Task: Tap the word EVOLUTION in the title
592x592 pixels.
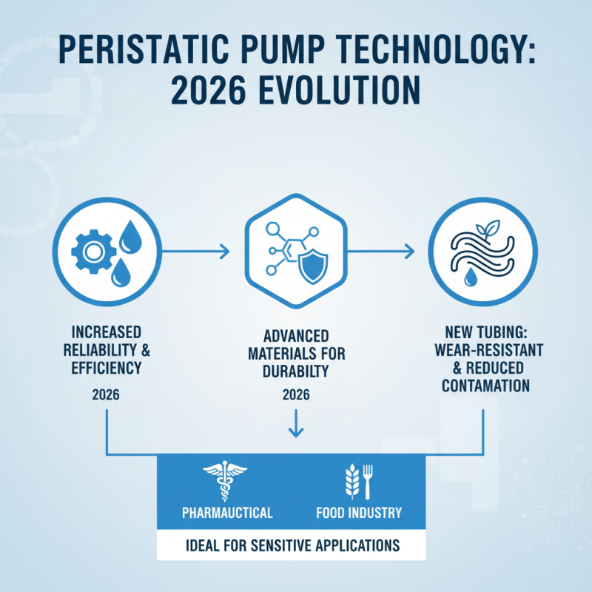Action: click(x=332, y=95)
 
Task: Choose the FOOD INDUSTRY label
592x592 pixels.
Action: click(x=358, y=512)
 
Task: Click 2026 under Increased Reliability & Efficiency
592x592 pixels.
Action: click(x=107, y=395)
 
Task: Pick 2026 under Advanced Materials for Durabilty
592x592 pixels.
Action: click(x=296, y=395)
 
